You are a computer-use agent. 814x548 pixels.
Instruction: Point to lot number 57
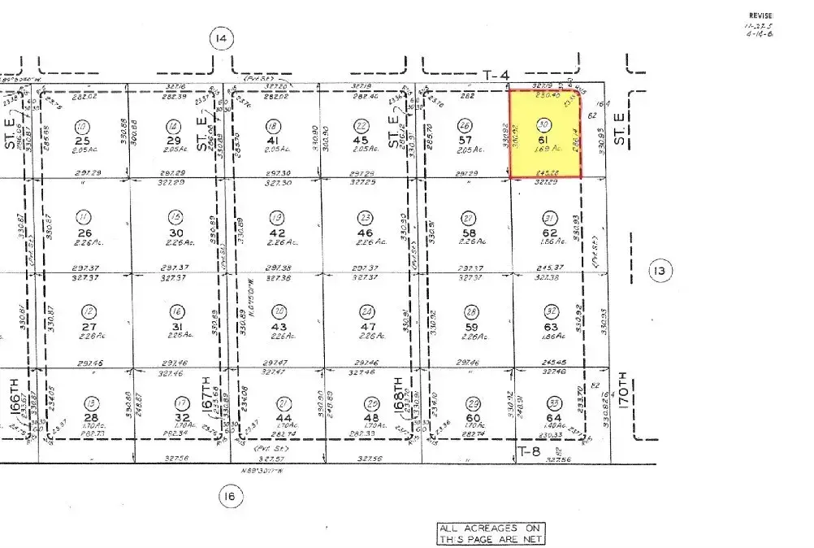click(465, 140)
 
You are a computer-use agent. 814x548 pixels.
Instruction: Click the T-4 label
click(496, 76)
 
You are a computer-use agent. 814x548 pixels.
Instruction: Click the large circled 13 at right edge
click(660, 271)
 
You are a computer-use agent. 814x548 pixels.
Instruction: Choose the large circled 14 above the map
click(220, 38)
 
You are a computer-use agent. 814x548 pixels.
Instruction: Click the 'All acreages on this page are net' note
click(491, 533)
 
